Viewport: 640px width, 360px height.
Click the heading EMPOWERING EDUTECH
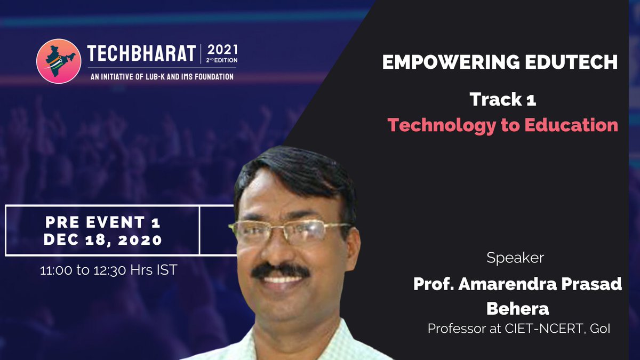point(500,63)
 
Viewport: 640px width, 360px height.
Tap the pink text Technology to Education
point(502,125)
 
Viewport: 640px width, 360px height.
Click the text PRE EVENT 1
point(102,221)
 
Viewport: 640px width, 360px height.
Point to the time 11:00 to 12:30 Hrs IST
point(109,270)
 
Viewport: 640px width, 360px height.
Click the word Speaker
point(515,258)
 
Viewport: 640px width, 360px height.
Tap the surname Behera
point(517,308)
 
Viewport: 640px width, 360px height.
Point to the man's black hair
point(293,171)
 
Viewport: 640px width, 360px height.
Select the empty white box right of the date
point(216,230)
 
